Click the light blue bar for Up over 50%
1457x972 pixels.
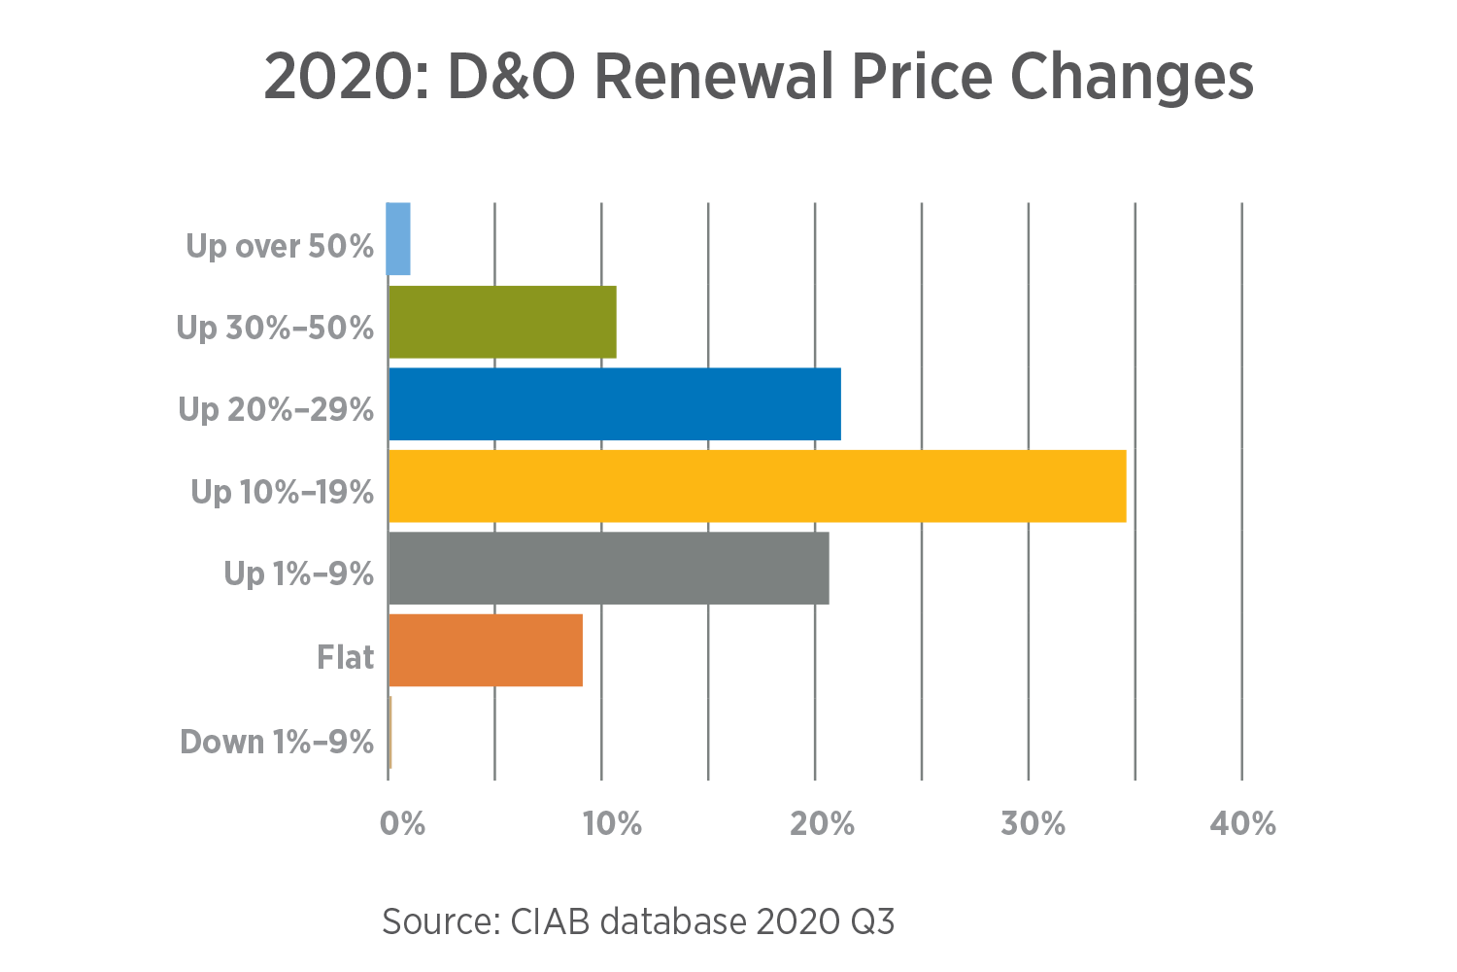coord(398,239)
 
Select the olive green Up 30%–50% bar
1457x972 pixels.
coord(502,322)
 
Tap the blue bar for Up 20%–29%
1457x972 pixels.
coord(615,404)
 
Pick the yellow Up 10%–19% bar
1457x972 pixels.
coord(758,486)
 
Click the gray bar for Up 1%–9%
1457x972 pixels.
coord(609,569)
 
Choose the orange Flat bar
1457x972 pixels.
coord(486,650)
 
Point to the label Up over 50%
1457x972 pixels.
coord(280,247)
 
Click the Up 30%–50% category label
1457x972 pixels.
coord(276,329)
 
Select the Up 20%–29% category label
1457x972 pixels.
coord(277,410)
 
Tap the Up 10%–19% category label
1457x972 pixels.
coord(283,493)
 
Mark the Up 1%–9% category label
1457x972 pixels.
coord(299,574)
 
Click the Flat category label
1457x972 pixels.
coord(346,658)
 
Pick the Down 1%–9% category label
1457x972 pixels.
coord(278,743)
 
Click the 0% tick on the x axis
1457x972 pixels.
coord(402,824)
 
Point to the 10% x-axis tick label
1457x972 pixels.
coord(612,824)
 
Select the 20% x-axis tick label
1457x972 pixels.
coord(822,824)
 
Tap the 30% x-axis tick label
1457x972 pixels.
coord(1033,824)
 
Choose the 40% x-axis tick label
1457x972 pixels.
coord(1242,824)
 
